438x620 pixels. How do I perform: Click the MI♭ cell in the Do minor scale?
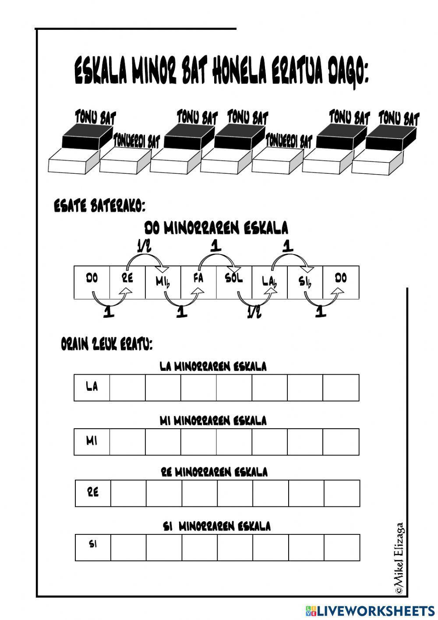(x=163, y=282)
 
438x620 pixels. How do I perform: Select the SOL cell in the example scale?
(x=234, y=282)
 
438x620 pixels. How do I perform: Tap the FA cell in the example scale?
(x=199, y=282)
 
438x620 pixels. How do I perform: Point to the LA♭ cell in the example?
(x=270, y=282)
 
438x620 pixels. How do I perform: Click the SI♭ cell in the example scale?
(x=305, y=282)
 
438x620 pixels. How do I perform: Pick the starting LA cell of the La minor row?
(x=92, y=387)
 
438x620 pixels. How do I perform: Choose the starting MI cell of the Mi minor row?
(x=92, y=442)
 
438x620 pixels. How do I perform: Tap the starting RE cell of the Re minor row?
(x=93, y=493)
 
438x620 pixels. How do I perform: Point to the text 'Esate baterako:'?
(x=99, y=206)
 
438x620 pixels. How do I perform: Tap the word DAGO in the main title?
(x=348, y=72)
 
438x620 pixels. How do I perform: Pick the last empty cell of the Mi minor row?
(x=341, y=442)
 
